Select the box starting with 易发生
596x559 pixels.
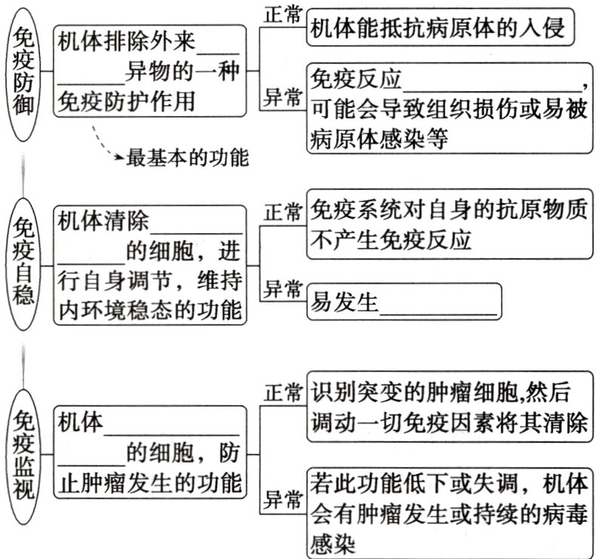[404, 303]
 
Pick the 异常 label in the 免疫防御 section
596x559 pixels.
[283, 97]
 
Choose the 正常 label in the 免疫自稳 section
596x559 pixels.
[283, 212]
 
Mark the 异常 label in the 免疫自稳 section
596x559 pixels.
[283, 290]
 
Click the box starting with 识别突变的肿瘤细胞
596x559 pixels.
[449, 408]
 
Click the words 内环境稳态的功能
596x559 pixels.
[151, 309]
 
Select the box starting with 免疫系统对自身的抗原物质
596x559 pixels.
[449, 226]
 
